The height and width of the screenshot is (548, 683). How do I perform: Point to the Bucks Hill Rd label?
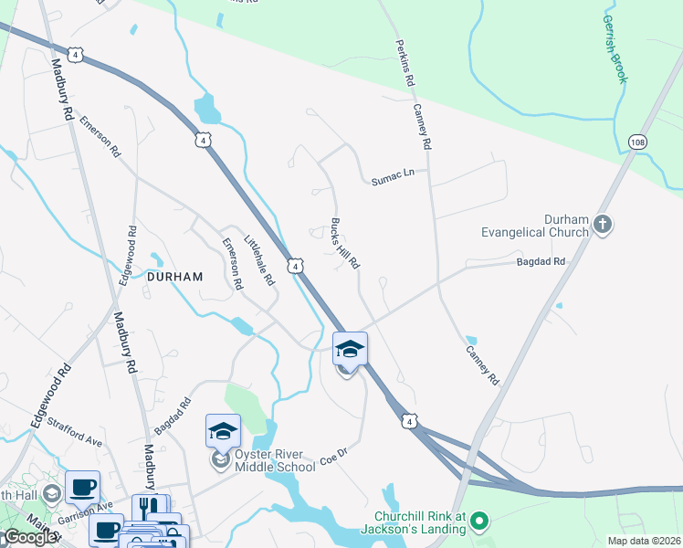click(x=345, y=243)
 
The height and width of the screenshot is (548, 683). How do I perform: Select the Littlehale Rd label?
click(x=259, y=260)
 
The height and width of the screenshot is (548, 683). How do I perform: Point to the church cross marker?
click(x=602, y=224)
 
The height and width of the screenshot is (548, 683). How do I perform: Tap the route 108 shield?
click(x=638, y=142)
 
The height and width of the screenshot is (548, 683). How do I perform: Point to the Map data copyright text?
click(x=643, y=541)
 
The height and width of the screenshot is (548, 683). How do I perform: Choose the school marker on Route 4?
click(x=350, y=349)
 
